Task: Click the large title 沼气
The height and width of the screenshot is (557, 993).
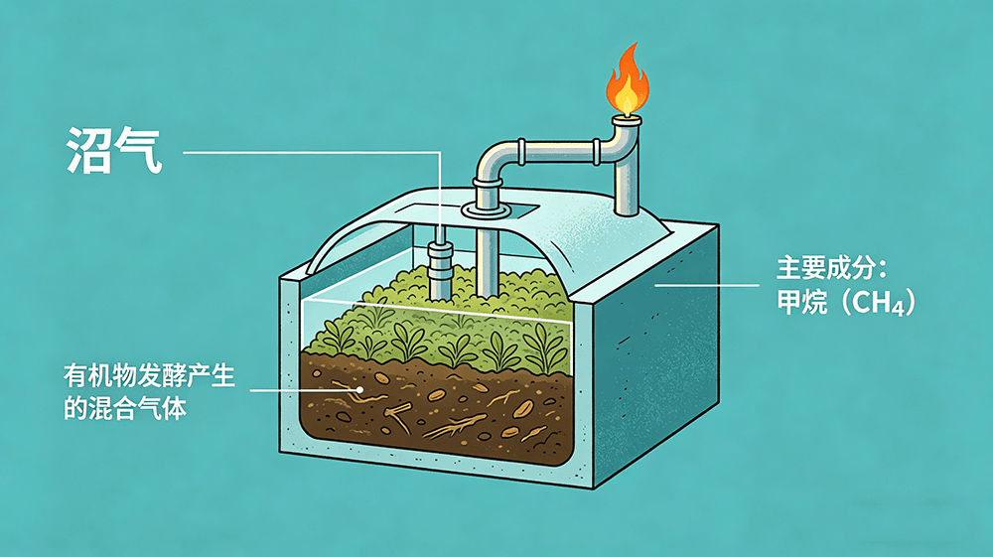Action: click(114, 151)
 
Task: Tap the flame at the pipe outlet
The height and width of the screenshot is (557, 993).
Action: click(627, 79)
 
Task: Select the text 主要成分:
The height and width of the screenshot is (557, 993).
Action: click(831, 268)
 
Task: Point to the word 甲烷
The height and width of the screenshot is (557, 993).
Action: click(802, 302)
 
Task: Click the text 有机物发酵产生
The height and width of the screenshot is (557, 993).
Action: click(150, 376)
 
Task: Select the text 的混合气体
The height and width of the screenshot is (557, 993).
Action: click(125, 409)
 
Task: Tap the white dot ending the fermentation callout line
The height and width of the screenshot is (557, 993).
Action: click(359, 390)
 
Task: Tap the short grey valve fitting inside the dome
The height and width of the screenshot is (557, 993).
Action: click(440, 263)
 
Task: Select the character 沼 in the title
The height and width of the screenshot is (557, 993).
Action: click(88, 151)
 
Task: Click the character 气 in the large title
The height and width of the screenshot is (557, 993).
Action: click(139, 151)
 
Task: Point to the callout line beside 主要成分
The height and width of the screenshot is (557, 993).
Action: click(707, 286)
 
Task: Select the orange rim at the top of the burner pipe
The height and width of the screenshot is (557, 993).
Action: click(627, 119)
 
